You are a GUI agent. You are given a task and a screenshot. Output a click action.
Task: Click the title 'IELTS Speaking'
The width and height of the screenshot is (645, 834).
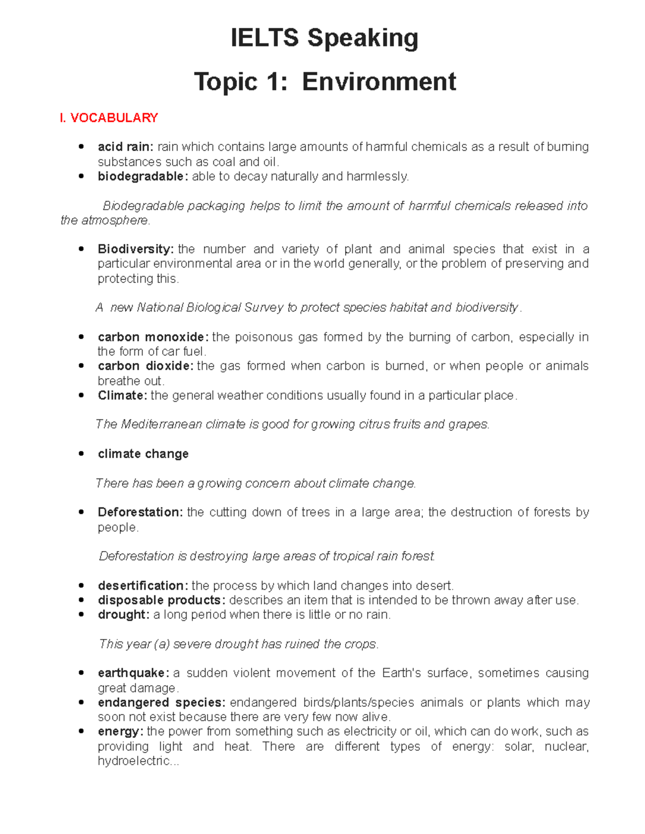[324, 39]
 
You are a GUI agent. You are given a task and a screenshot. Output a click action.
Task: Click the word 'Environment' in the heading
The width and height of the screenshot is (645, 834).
[378, 82]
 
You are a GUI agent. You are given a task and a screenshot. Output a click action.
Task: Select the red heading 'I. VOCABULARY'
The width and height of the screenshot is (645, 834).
[109, 118]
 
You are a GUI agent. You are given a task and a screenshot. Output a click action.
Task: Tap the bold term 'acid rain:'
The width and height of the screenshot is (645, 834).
[125, 147]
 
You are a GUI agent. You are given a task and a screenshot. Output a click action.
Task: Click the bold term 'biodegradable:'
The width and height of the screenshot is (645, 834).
[142, 176]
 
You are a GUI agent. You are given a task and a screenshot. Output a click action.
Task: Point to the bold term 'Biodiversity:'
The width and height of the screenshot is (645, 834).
[135, 249]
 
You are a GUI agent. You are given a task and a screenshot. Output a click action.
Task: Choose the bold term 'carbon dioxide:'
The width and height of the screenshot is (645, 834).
[145, 366]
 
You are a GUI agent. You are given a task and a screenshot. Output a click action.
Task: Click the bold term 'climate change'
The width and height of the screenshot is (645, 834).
[143, 454]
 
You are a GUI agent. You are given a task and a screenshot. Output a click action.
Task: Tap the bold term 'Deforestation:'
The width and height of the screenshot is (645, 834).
[140, 512]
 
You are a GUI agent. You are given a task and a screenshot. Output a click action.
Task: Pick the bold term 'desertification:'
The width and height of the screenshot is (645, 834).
[142, 585]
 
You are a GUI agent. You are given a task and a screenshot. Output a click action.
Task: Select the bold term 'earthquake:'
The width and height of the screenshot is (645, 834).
[133, 673]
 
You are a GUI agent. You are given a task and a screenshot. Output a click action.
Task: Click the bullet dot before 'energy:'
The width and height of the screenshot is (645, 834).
[82, 731]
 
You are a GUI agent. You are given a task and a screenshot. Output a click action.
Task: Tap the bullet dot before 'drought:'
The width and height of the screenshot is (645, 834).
[82, 614]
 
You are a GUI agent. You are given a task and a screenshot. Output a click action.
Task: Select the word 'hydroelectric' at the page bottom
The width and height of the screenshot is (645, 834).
[133, 760]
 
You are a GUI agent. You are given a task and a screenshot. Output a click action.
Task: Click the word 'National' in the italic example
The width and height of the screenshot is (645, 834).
[160, 308]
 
